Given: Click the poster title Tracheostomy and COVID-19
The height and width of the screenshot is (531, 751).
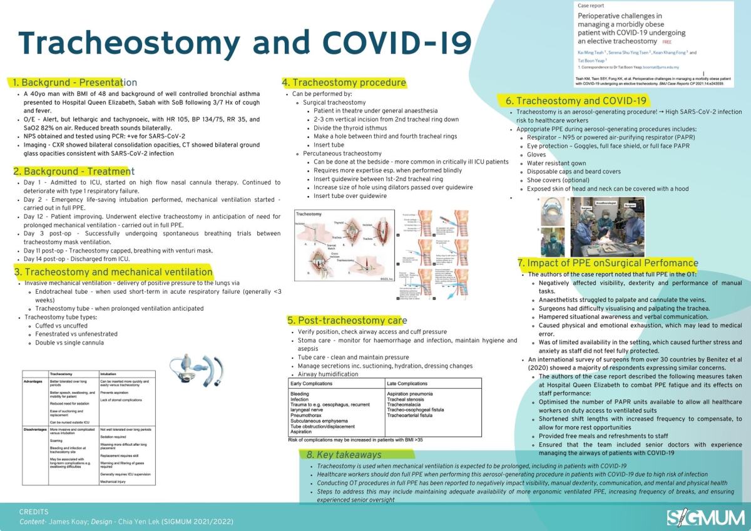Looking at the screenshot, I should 245,42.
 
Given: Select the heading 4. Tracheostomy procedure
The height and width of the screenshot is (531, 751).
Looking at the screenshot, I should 344,82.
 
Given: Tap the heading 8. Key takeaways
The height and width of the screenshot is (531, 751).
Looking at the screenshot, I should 344,455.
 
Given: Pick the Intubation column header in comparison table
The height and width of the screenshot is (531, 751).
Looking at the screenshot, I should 109,372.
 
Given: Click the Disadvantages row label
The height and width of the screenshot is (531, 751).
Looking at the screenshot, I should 35,430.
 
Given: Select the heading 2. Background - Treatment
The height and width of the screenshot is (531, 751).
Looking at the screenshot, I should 74,171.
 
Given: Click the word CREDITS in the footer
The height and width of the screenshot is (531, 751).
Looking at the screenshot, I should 34,512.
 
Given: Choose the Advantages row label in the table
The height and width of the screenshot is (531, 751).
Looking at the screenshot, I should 34,380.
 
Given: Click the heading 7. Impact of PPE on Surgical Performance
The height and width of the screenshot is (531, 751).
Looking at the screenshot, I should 608,263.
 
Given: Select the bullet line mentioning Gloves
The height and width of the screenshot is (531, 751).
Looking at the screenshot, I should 536,154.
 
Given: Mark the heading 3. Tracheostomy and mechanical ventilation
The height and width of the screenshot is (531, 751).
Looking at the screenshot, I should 113,272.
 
